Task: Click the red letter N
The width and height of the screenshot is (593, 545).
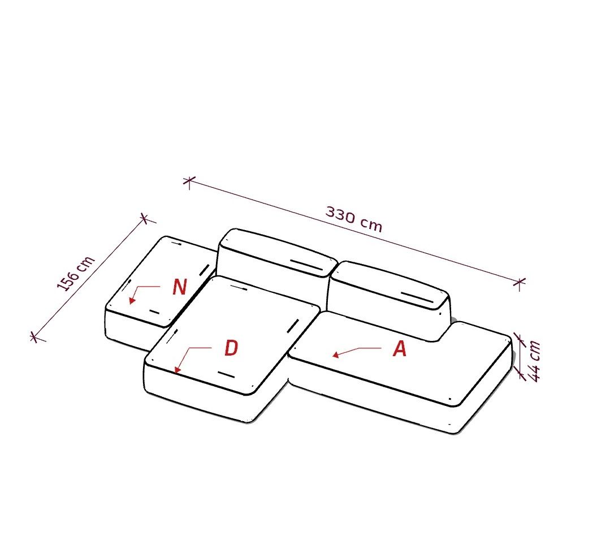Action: click(180, 287)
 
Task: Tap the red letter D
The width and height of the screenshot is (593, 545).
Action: click(231, 348)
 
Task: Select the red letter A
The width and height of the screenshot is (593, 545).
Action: click(400, 349)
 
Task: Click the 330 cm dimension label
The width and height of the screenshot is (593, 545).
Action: click(354, 219)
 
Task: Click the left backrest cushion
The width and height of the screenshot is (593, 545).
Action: click(274, 257)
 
